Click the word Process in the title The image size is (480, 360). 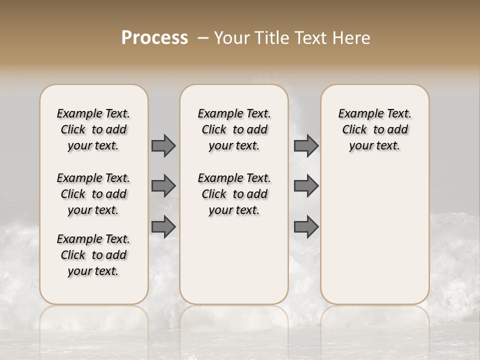(x=154, y=38)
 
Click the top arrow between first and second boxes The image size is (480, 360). (x=163, y=145)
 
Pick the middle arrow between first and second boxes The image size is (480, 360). (x=163, y=186)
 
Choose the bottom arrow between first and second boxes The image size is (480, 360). (x=163, y=227)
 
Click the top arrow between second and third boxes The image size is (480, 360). (x=306, y=145)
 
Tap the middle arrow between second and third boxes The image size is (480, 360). (x=306, y=186)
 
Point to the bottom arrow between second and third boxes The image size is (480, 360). (x=306, y=227)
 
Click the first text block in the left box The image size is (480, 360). (x=93, y=129)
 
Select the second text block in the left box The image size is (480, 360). (x=93, y=194)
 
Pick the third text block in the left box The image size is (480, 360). (x=93, y=255)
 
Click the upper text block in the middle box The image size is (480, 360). (x=234, y=129)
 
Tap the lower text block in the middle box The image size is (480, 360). (x=234, y=194)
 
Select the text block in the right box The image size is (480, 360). (x=374, y=129)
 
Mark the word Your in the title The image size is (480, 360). (x=232, y=38)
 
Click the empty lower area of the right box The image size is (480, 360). (x=374, y=235)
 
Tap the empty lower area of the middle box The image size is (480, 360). (x=234, y=260)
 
